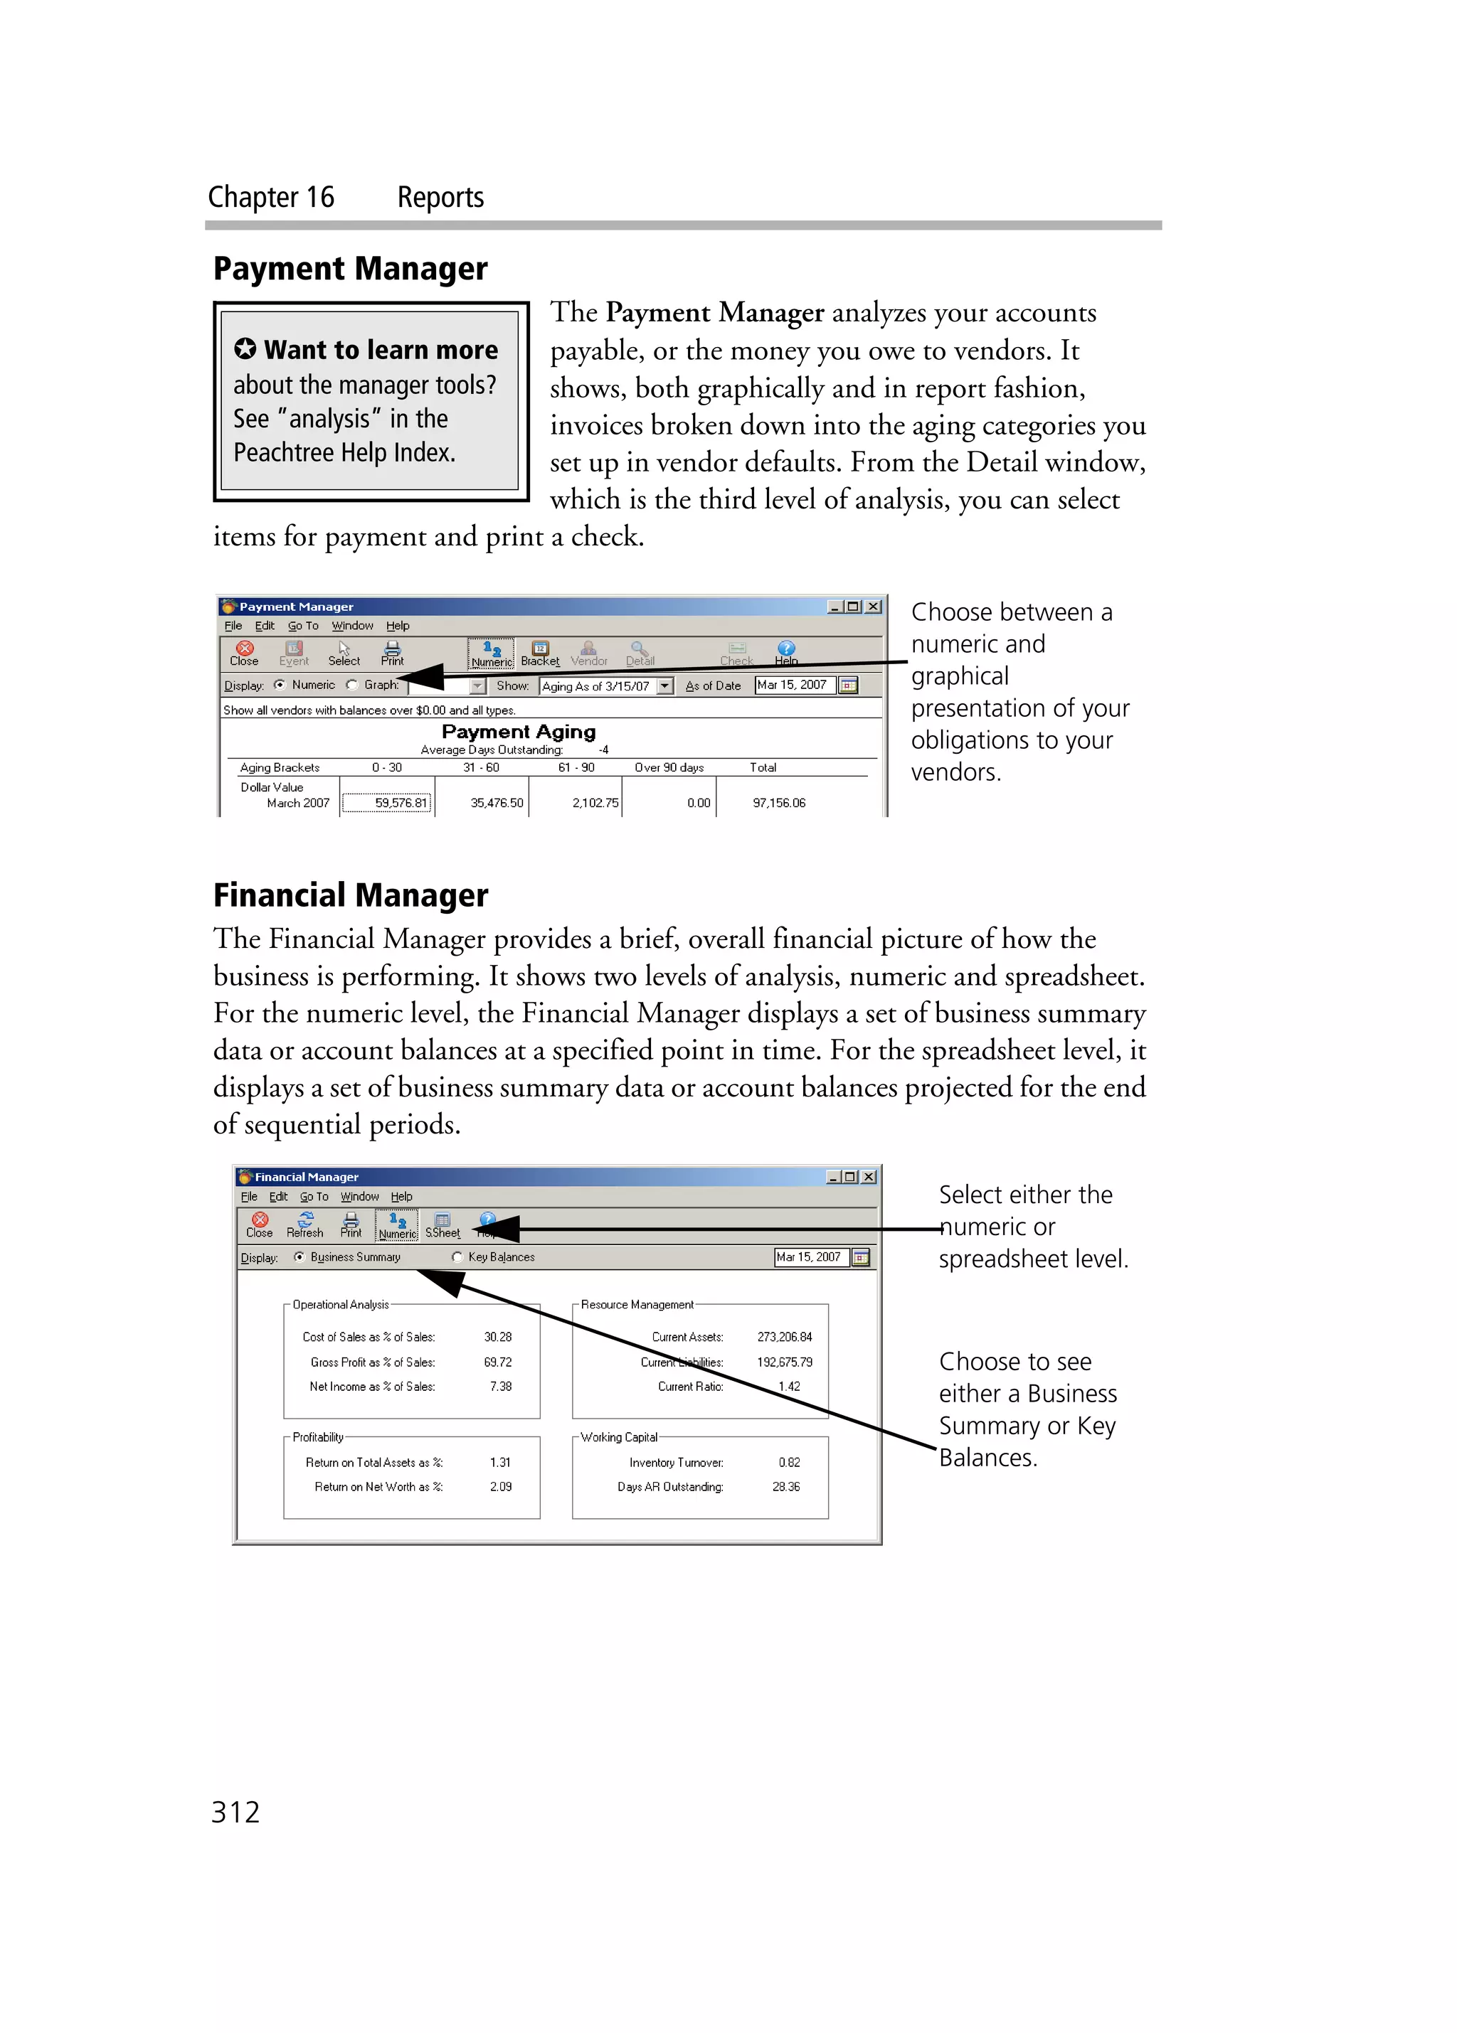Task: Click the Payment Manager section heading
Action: (350, 268)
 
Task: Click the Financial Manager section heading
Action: (350, 895)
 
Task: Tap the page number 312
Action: (235, 1812)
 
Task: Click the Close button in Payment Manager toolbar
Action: (244, 653)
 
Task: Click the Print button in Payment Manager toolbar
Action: (392, 653)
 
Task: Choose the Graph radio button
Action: (352, 685)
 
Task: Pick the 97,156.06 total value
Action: (778, 802)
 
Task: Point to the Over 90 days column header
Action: (669, 767)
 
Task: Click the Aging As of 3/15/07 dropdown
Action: (606, 685)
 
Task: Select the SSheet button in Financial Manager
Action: (442, 1224)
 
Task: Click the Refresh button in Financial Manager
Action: (305, 1224)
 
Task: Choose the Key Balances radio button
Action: (458, 1256)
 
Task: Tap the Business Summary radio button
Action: (300, 1256)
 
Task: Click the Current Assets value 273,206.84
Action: (784, 1337)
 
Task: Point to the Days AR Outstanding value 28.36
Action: (785, 1486)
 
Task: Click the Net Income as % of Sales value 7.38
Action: (500, 1386)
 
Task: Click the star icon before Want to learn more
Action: (245, 348)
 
